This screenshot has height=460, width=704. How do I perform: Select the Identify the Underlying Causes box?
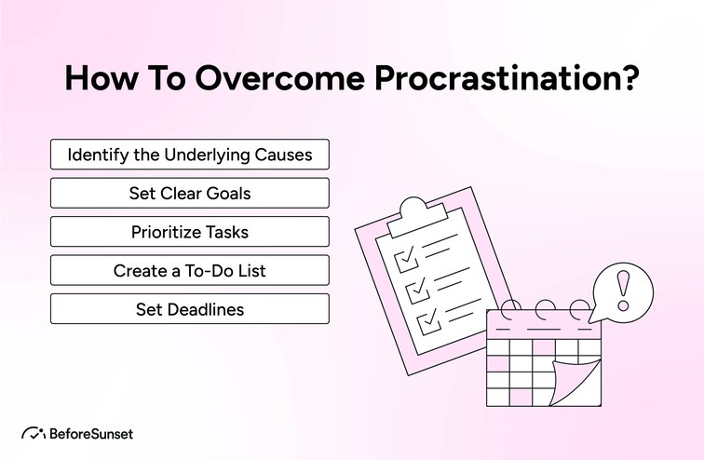point(189,155)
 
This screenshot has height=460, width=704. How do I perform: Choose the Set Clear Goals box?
point(189,194)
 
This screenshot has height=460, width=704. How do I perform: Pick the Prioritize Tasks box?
point(189,232)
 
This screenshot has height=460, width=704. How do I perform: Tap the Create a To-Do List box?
point(189,271)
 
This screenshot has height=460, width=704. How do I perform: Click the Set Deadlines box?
point(189,309)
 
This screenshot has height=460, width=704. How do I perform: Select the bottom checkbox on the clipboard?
point(427,321)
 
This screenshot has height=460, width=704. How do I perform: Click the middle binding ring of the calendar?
point(545,311)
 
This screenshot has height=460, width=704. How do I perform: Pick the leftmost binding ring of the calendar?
point(508,311)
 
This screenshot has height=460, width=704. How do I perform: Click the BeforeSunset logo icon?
point(34,433)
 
